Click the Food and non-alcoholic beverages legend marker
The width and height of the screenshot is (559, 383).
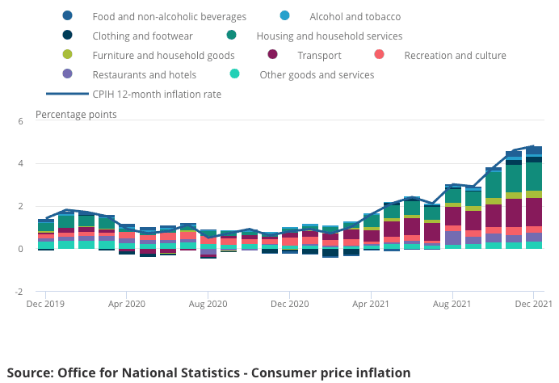67,16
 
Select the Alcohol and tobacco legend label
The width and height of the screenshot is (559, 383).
355,16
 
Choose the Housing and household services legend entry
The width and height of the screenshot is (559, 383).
329,36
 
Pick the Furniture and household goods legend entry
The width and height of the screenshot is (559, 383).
163,55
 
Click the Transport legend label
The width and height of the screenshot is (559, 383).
319,55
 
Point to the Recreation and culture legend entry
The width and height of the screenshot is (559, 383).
455,55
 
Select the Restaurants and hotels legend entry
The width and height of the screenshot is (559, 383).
144,74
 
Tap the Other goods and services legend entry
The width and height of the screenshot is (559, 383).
316,74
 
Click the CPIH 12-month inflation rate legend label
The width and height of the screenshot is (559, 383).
157,94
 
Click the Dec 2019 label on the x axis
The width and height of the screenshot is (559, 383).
46,304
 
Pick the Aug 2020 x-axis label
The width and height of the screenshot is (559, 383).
208,304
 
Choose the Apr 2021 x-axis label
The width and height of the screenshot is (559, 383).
371,304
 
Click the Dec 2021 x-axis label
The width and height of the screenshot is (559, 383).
532,304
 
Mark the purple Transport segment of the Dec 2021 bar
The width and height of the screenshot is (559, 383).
533,212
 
